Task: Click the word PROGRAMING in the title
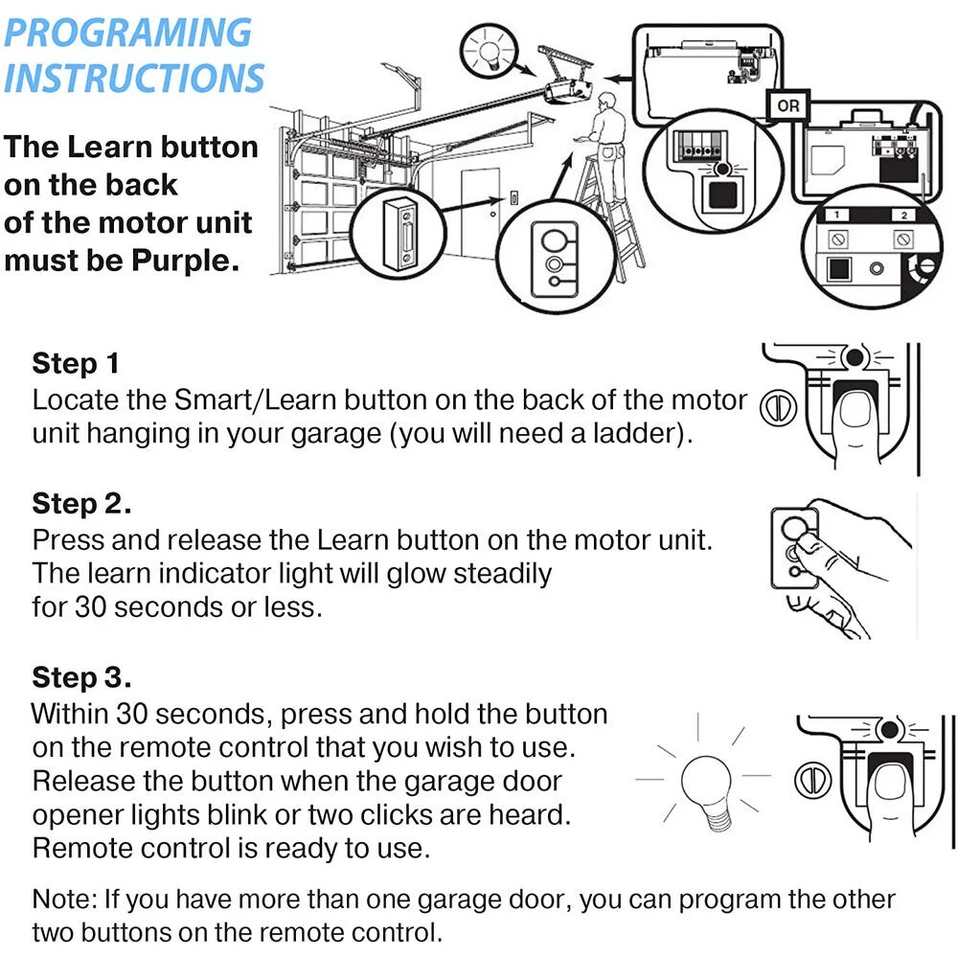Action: point(127,33)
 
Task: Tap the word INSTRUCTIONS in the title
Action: point(133,78)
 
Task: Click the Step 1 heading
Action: point(76,364)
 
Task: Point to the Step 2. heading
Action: point(81,504)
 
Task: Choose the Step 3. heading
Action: point(81,677)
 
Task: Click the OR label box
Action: point(787,104)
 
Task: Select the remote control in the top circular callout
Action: point(550,250)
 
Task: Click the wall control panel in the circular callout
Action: point(401,233)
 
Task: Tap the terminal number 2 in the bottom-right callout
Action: point(902,216)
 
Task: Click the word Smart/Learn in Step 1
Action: point(256,399)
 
